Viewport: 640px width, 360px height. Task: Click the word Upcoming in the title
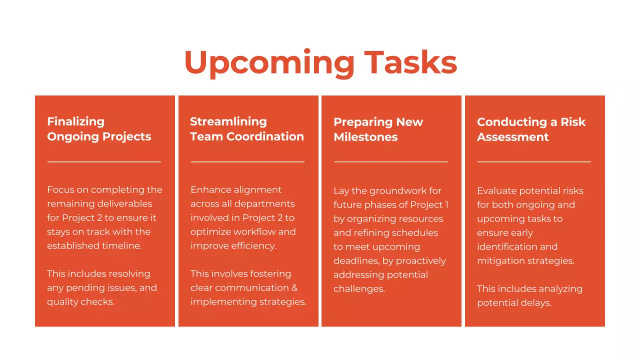[269, 63]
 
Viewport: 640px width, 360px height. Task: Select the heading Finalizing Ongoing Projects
[98, 129]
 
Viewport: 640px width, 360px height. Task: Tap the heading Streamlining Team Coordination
[246, 129]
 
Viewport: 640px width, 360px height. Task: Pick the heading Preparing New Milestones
[378, 129]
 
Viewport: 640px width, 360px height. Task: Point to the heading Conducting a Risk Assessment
[530, 129]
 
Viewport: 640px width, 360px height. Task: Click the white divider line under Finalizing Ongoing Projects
[104, 161]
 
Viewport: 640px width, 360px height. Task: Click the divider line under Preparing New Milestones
[391, 162]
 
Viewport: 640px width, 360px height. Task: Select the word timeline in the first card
[122, 246]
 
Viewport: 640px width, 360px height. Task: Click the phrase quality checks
[80, 302]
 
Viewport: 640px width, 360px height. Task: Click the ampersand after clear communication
[294, 288]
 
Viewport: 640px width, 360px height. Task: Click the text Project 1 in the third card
[429, 204]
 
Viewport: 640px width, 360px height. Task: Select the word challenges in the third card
[358, 289]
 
